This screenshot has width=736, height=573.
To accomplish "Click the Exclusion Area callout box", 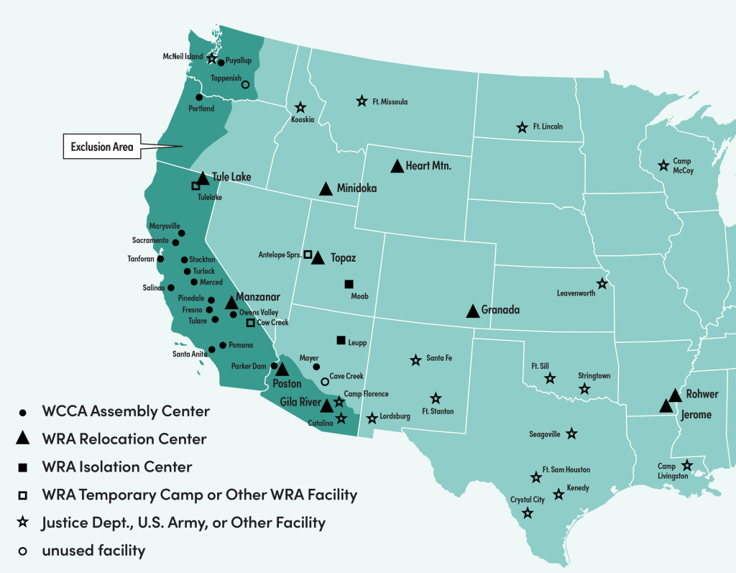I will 101,147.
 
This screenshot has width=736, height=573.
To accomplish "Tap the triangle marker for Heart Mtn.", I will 397,166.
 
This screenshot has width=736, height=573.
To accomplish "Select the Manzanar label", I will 261,297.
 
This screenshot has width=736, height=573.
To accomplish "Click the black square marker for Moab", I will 349,284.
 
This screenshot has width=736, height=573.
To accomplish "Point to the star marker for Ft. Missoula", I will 362,101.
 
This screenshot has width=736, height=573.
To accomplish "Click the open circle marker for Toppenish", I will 245,84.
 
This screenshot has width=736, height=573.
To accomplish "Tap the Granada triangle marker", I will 473,311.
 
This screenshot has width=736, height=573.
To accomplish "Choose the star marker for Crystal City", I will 528,513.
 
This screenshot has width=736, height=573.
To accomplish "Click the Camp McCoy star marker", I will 663,166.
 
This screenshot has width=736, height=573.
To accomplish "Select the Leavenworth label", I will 576,293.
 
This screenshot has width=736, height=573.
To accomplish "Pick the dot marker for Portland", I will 199,97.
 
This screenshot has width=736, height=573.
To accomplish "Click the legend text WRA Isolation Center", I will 116,467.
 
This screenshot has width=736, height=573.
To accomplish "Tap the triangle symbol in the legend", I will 23,439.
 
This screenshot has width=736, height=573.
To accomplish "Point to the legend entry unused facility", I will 93,551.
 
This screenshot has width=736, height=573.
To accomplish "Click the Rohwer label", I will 702,394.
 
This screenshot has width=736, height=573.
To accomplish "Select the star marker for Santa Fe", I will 415,359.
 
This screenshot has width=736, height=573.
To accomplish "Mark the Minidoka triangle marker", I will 326,189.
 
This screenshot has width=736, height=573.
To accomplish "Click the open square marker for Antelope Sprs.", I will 308,254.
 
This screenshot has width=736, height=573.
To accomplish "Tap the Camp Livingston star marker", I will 687,465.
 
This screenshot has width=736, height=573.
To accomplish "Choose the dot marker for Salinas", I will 171,288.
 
